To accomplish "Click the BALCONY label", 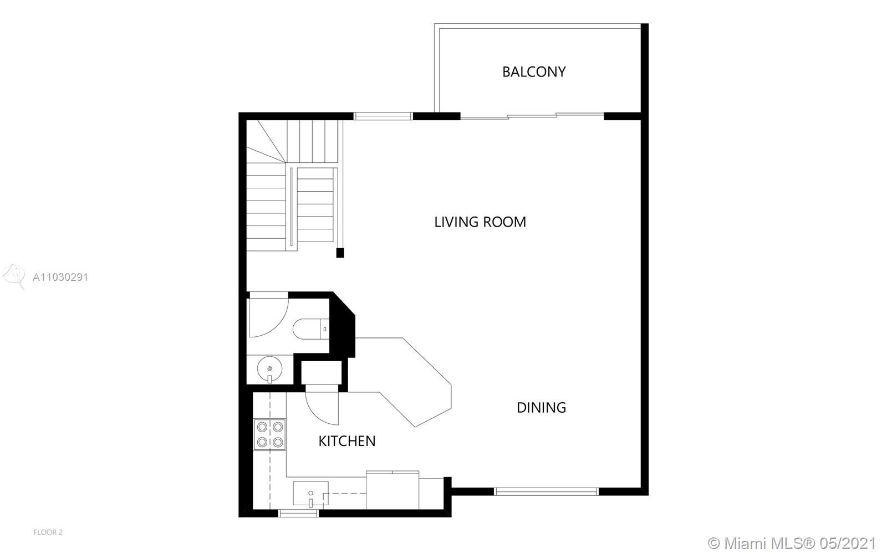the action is [x=534, y=71].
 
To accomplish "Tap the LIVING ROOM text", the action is [x=480, y=222].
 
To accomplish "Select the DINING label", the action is [x=541, y=408].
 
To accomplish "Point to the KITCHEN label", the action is [x=347, y=441].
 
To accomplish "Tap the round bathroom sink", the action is [x=269, y=369].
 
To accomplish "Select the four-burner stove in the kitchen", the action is [x=269, y=434].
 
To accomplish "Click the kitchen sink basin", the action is [x=310, y=493].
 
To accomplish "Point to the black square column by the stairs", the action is [x=340, y=253].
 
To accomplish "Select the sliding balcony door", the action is [x=532, y=116].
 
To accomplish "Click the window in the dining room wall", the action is [x=546, y=491].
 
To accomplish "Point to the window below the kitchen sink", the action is [x=299, y=513].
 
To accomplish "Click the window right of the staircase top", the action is [x=383, y=116].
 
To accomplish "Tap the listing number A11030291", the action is [x=60, y=277].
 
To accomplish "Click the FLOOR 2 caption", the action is [x=48, y=532].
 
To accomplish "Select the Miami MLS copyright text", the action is [x=792, y=543].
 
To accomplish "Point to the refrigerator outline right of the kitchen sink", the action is [x=392, y=490].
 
